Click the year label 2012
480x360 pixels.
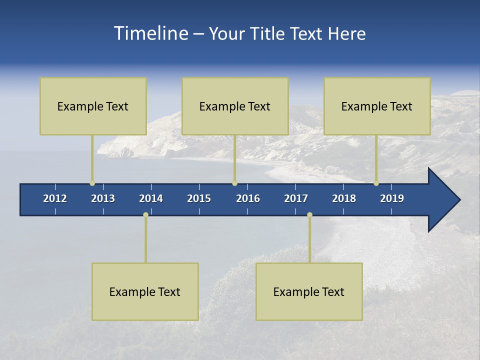click(55, 198)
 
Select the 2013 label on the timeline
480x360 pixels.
click(103, 198)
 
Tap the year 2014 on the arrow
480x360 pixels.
click(151, 198)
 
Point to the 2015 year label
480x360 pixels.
click(199, 198)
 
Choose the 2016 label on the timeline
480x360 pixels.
click(248, 198)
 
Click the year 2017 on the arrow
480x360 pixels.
click(296, 198)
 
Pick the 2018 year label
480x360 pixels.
click(344, 198)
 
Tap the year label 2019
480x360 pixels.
click(392, 198)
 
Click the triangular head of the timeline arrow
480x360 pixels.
click(442, 200)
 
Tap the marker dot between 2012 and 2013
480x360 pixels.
click(92, 183)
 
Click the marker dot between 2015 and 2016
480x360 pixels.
click(234, 183)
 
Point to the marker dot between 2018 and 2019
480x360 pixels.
click(376, 183)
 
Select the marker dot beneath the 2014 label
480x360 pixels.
click(145, 215)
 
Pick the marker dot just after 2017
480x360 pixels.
click(309, 215)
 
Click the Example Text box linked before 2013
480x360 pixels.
click(93, 106)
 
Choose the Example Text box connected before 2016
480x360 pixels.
click(235, 106)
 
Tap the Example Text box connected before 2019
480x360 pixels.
click(377, 106)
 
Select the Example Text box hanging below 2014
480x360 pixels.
click(145, 291)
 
